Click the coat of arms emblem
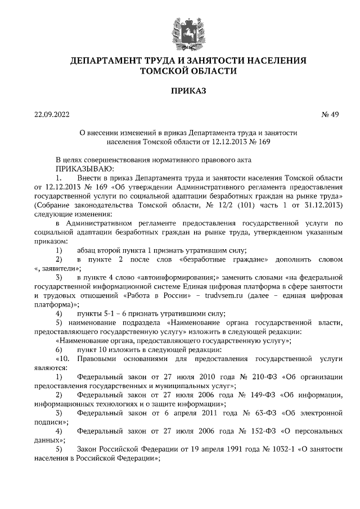click(x=181, y=28)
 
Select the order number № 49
click(x=330, y=115)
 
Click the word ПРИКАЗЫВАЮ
click(x=84, y=168)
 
